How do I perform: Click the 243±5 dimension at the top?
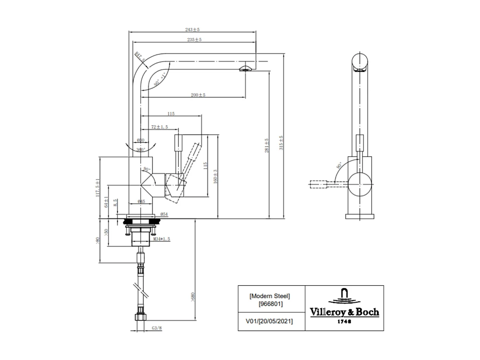[193, 30]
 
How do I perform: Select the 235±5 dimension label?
[194, 40]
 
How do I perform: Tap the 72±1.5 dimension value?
[160, 127]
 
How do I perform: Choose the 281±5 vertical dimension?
[267, 146]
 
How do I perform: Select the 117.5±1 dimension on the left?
[97, 188]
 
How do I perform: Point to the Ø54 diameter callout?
[164, 214]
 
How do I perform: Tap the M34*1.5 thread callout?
[162, 239]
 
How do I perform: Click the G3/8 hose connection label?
[156, 327]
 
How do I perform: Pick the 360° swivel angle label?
[140, 150]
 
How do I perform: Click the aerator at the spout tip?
[246, 69]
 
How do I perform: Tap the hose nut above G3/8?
[140, 318]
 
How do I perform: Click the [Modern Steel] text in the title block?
[270, 296]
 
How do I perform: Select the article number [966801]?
[270, 304]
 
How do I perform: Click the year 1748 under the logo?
[344, 321]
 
